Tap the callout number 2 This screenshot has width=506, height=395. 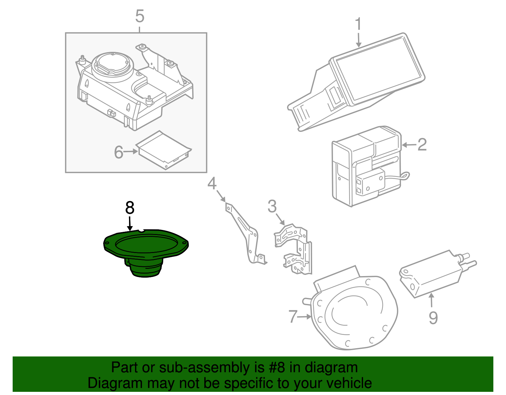422,145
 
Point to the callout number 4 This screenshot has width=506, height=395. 212,183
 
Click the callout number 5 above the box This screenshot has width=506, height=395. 139,16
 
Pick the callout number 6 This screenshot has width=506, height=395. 119,152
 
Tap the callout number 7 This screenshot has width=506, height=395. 293,316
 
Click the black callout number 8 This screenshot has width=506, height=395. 130,208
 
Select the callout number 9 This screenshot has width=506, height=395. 433,318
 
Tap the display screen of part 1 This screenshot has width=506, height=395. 379,70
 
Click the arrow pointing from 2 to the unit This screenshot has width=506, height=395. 409,145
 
